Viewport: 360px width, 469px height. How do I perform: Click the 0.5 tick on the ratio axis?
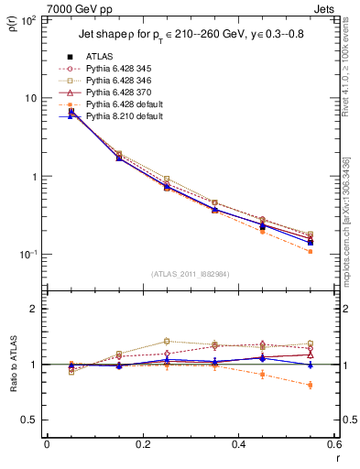tap(32, 420)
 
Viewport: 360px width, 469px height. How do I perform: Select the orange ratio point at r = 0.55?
tap(311, 385)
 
